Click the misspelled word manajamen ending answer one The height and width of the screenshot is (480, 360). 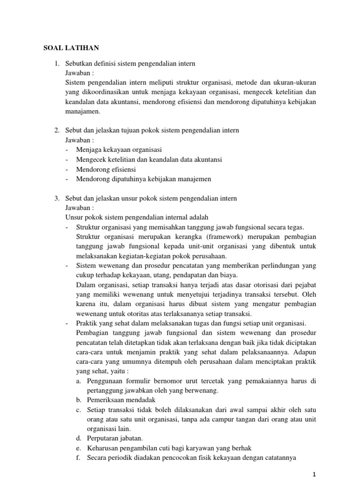(x=81, y=112)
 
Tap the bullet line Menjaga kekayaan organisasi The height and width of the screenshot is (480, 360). (x=119, y=150)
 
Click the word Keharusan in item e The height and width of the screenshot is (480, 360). (x=103, y=448)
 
